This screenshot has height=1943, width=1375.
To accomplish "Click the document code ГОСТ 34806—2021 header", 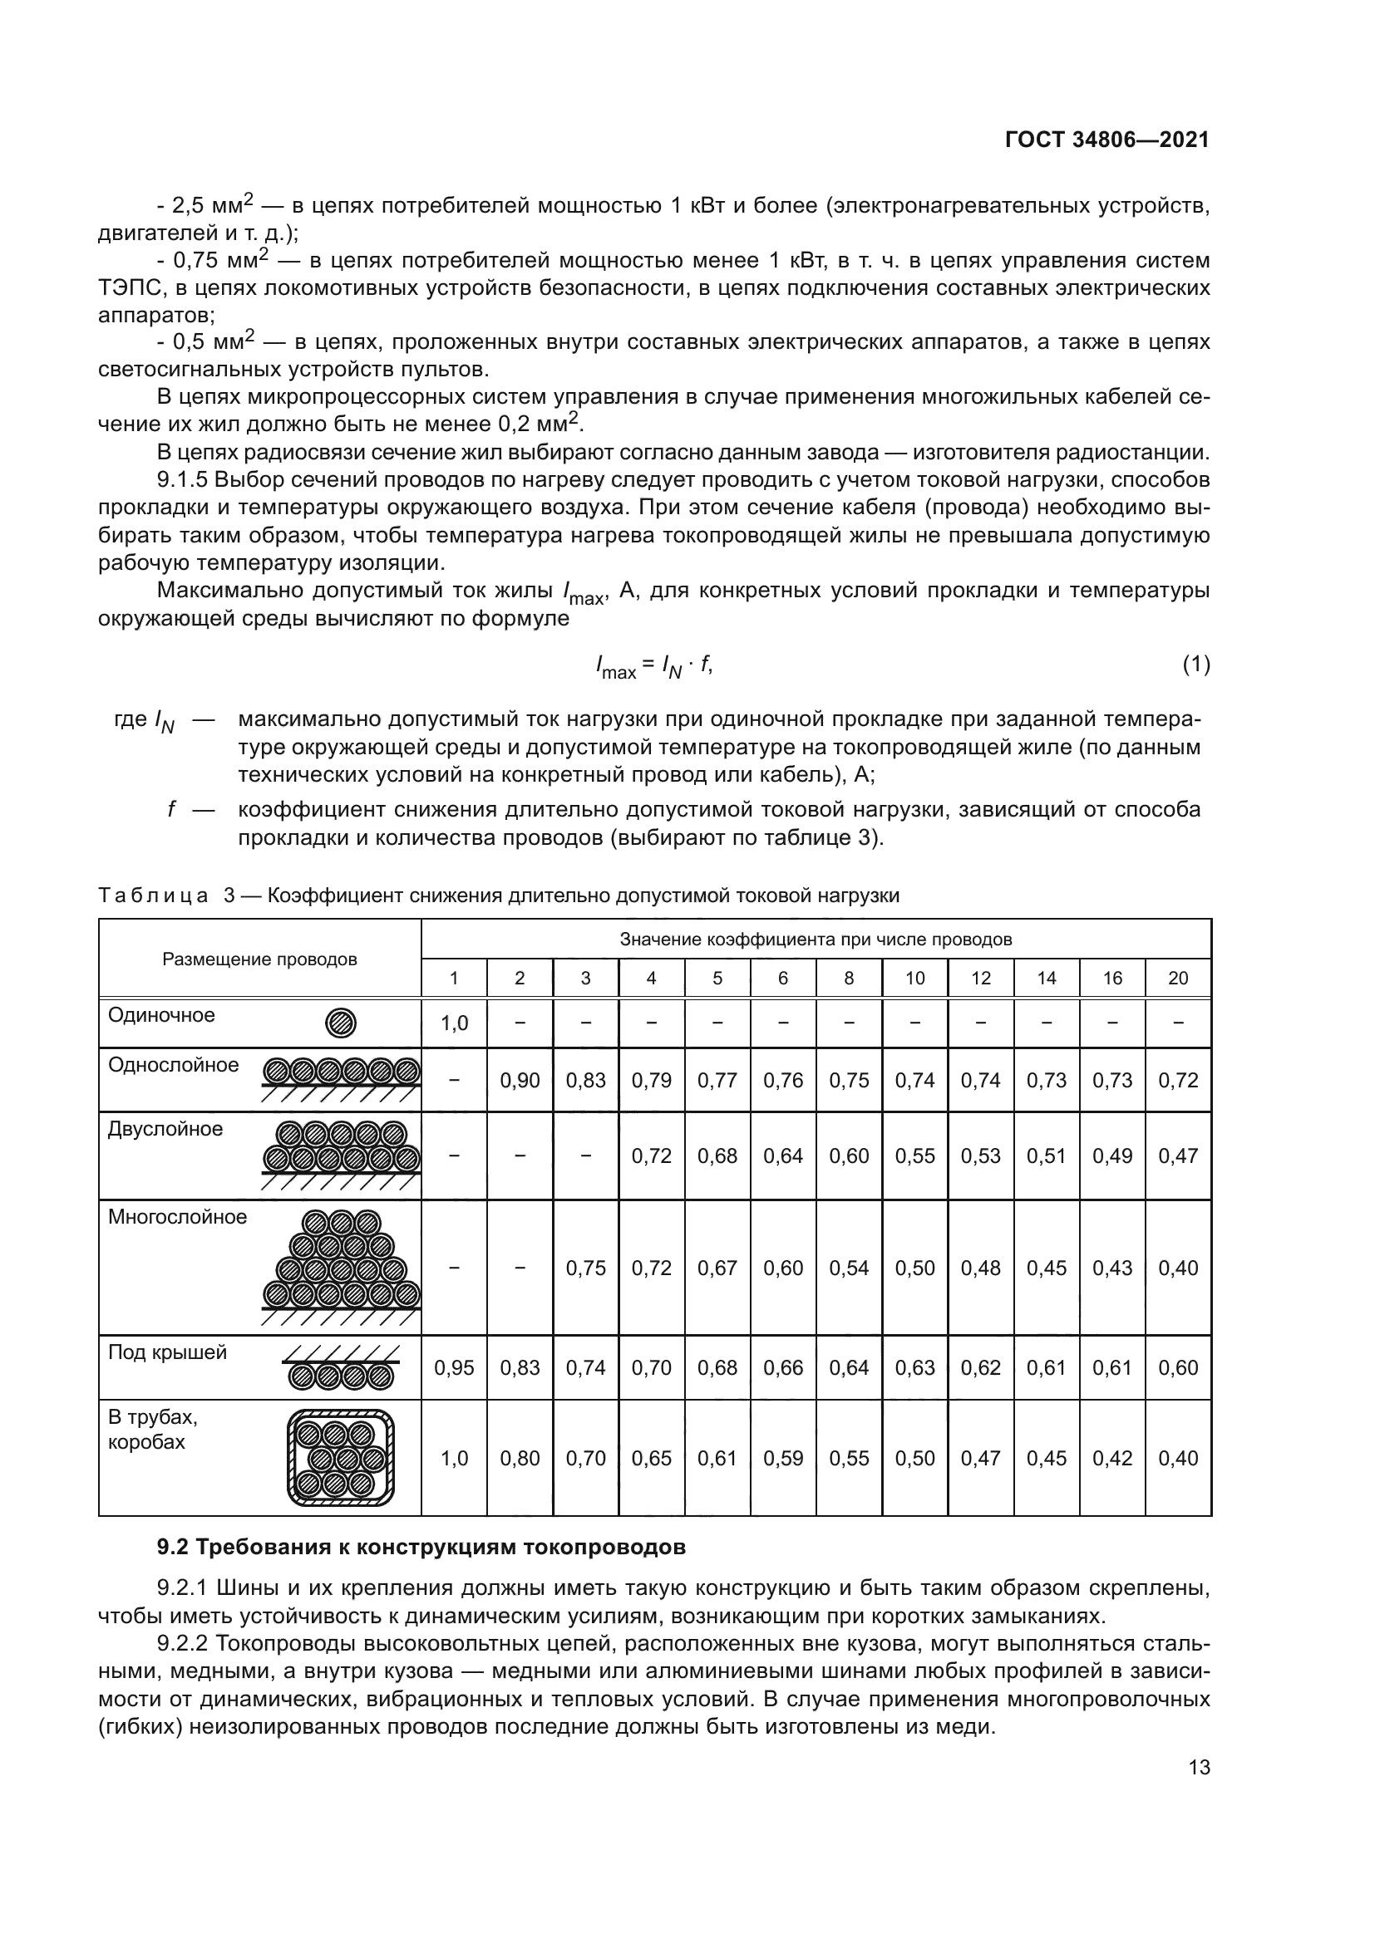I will [x=1106, y=140].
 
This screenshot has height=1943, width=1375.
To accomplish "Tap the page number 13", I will [x=1199, y=1767].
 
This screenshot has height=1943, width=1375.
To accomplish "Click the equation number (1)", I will [x=1195, y=665].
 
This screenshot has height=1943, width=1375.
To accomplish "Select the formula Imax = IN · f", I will [x=653, y=667].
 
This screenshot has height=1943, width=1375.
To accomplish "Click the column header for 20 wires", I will [x=1178, y=979].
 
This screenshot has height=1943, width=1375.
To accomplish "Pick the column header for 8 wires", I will [x=849, y=979].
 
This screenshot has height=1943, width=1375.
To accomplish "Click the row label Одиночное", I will [x=162, y=1014].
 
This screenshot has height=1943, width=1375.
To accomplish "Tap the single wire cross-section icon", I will [x=340, y=1024].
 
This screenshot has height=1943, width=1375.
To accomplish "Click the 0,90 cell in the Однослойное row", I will [x=520, y=1081].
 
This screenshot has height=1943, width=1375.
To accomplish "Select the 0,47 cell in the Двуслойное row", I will [x=1178, y=1156].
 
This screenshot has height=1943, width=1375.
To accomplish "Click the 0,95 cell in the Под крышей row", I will [x=454, y=1368].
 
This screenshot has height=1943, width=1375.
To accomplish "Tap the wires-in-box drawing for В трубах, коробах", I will [x=340, y=1457].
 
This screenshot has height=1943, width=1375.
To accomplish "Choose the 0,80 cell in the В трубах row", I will [x=520, y=1458].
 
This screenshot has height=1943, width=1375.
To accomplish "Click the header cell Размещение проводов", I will [x=260, y=959].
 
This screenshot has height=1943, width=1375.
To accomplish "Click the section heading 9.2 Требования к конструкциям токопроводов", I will [x=421, y=1548].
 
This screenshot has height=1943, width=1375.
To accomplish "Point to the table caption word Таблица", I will [x=153, y=896].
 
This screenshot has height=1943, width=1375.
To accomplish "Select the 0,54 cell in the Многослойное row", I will [x=849, y=1268].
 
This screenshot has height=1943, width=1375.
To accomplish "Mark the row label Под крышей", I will [x=168, y=1352].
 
